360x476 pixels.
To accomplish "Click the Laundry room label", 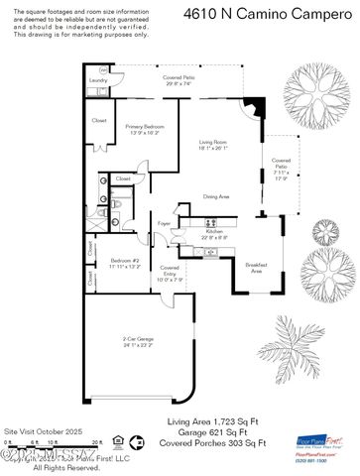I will pos(98,80).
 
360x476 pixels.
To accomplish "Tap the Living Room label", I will pos(213,143).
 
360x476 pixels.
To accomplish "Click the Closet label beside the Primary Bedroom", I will pos(99,121).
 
